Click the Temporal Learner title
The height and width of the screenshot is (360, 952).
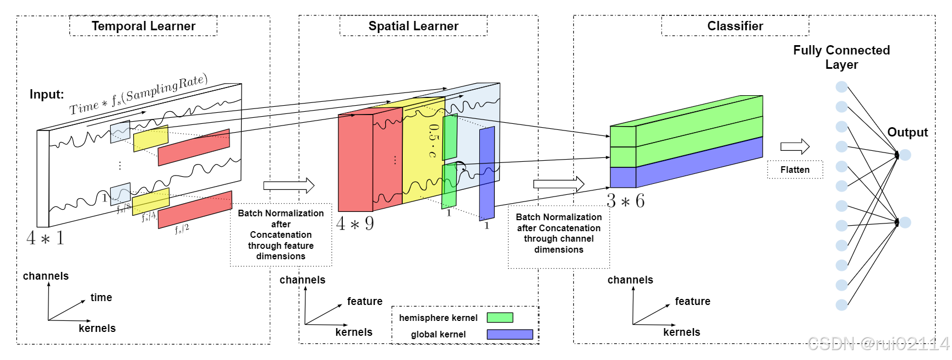[143, 26]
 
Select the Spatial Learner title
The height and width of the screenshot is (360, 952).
[413, 26]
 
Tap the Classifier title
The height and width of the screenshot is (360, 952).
[735, 26]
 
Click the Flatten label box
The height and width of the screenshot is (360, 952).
[795, 170]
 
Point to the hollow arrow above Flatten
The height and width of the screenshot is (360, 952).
[795, 146]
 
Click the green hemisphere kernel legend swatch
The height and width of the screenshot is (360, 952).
[500, 318]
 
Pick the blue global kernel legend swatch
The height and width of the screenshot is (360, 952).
[510, 334]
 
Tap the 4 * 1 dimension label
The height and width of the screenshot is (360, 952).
[45, 238]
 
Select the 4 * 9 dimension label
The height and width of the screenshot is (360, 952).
[355, 223]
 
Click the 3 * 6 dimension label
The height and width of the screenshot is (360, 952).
[625, 201]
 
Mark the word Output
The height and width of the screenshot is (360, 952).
[907, 132]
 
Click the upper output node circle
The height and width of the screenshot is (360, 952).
[905, 155]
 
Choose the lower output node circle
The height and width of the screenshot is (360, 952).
[905, 222]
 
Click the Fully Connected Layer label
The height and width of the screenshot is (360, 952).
[841, 57]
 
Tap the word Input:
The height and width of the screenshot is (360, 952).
[47, 94]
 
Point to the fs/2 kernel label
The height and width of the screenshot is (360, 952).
[182, 228]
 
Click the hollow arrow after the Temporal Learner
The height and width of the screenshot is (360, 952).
[288, 186]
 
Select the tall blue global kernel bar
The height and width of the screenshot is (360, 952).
[487, 173]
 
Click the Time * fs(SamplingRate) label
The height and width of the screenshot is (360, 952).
[138, 95]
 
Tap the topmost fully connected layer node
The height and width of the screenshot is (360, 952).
[841, 87]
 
